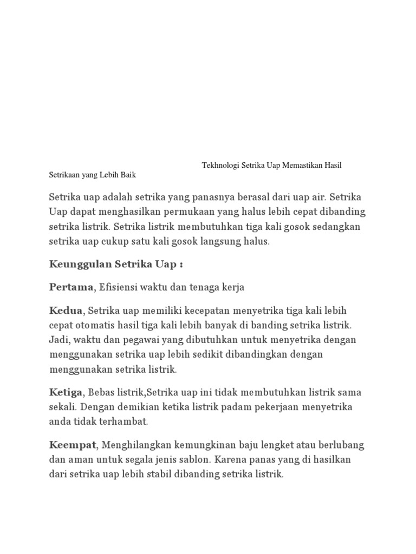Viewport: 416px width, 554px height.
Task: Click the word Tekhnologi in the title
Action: tap(220, 165)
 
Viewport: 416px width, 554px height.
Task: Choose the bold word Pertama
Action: tap(71, 287)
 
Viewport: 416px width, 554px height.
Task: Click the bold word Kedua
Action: tap(66, 311)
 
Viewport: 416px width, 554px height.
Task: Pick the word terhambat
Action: tap(126, 421)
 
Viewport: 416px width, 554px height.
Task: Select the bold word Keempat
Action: tap(73, 445)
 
